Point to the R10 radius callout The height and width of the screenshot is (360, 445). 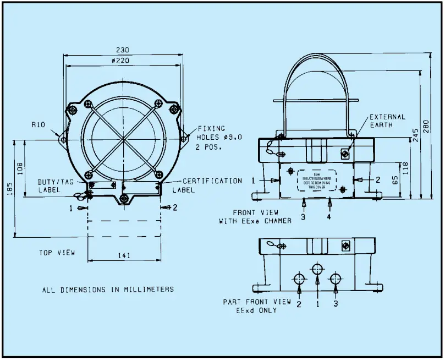click(38, 125)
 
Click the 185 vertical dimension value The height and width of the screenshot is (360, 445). click(9, 189)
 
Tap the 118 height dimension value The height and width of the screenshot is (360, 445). click(405, 168)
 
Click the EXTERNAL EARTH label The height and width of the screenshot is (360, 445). click(387, 121)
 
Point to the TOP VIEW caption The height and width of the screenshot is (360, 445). click(57, 253)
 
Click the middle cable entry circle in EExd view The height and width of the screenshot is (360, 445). click(317, 269)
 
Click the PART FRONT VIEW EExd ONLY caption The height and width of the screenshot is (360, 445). click(257, 306)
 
